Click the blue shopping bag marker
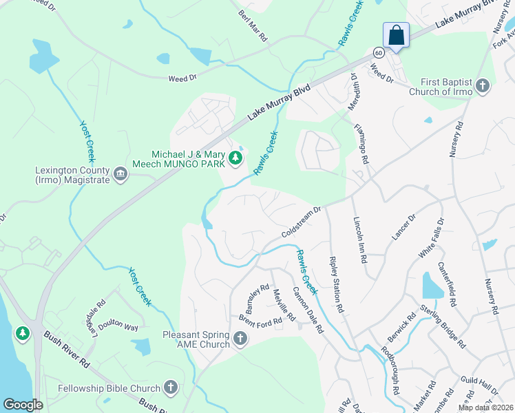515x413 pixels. (397, 35)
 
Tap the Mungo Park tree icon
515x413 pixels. (236, 159)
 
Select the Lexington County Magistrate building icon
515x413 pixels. (121, 173)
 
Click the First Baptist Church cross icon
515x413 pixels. (482, 86)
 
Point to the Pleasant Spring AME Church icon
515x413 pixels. (240, 338)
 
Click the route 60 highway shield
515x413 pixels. (379, 52)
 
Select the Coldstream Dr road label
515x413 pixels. (302, 222)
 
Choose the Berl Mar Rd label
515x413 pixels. (253, 25)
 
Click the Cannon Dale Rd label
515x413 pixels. (308, 310)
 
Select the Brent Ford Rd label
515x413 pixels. (261, 320)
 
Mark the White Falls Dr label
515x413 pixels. (432, 238)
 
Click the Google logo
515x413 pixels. (23, 405)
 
